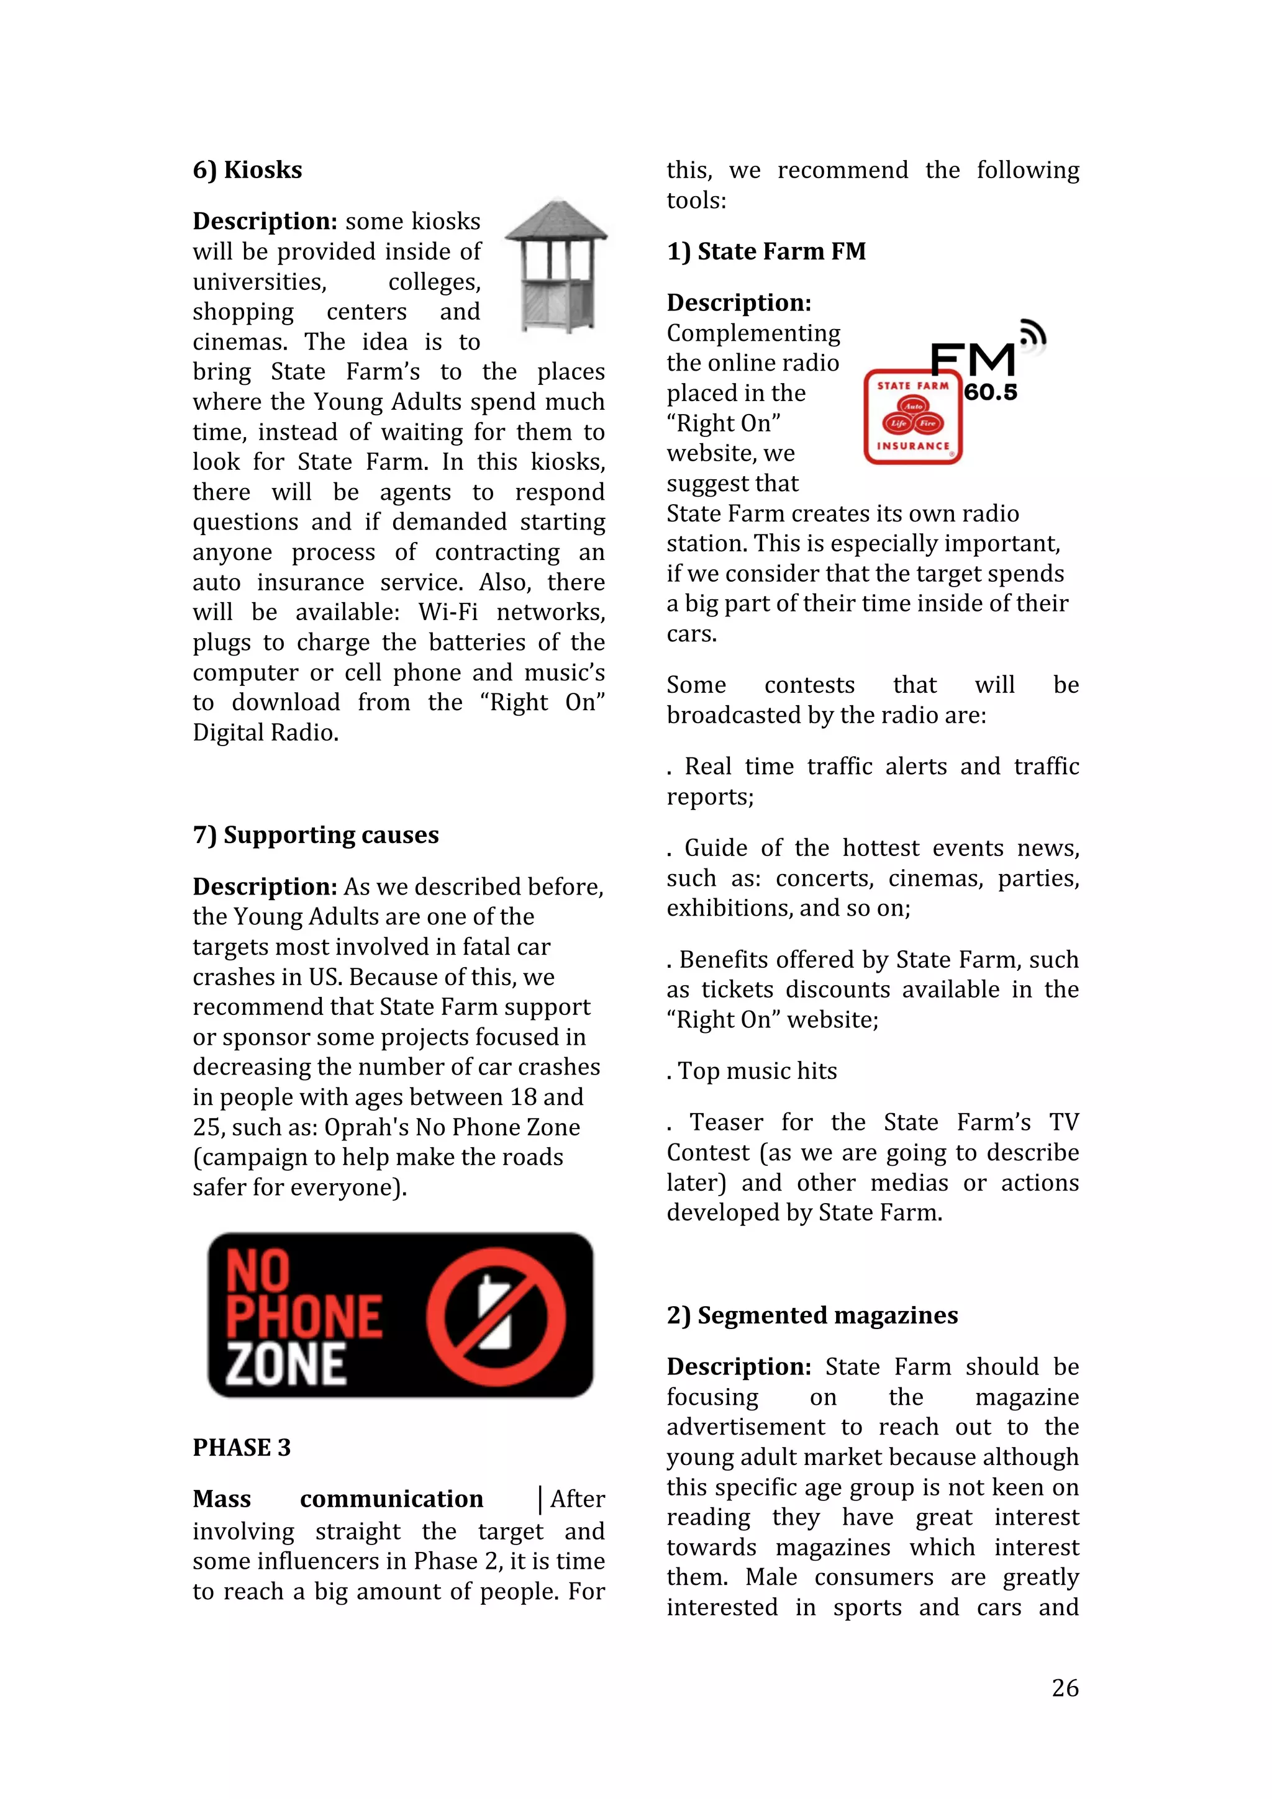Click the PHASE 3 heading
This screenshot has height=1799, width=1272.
coord(242,1447)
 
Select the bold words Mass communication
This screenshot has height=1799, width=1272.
coord(338,1499)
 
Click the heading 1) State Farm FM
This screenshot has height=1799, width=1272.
coord(766,251)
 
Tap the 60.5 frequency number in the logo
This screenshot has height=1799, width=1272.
coord(990,392)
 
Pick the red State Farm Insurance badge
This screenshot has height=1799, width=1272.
coord(912,417)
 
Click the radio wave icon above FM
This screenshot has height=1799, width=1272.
coord(1032,335)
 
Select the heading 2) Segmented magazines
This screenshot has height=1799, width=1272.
coord(812,1315)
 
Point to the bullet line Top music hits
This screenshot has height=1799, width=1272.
coord(752,1071)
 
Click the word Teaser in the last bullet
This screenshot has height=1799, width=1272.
coord(725,1123)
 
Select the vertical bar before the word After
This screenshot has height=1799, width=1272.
coord(540,1499)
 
